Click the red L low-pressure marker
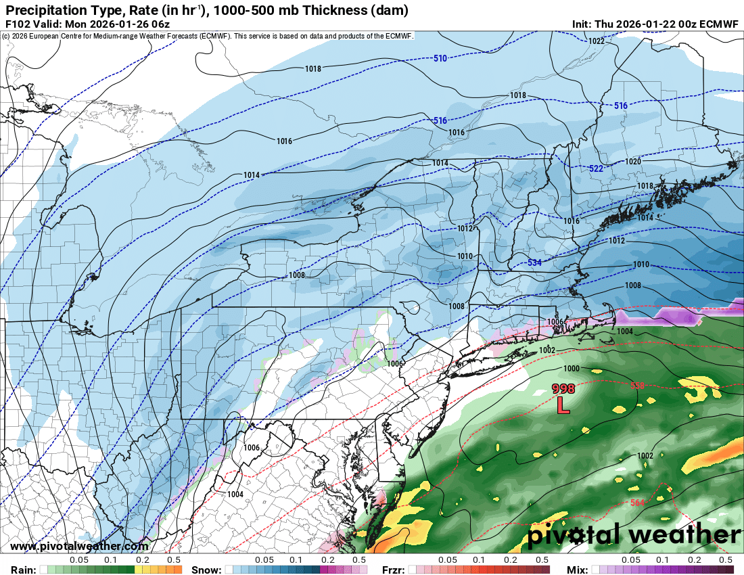click(x=563, y=405)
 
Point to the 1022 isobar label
click(x=596, y=41)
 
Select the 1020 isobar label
click(x=633, y=162)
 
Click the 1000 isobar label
click(x=572, y=368)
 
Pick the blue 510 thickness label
click(x=440, y=59)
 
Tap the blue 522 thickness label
click(x=596, y=168)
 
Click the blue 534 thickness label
click(x=535, y=262)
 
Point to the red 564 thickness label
click(x=638, y=503)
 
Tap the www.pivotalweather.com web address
click(x=79, y=546)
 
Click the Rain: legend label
click(x=22, y=570)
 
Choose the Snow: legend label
click(x=206, y=570)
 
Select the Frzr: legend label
click(x=393, y=570)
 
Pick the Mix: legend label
click(x=576, y=570)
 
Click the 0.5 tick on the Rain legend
click(x=174, y=560)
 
